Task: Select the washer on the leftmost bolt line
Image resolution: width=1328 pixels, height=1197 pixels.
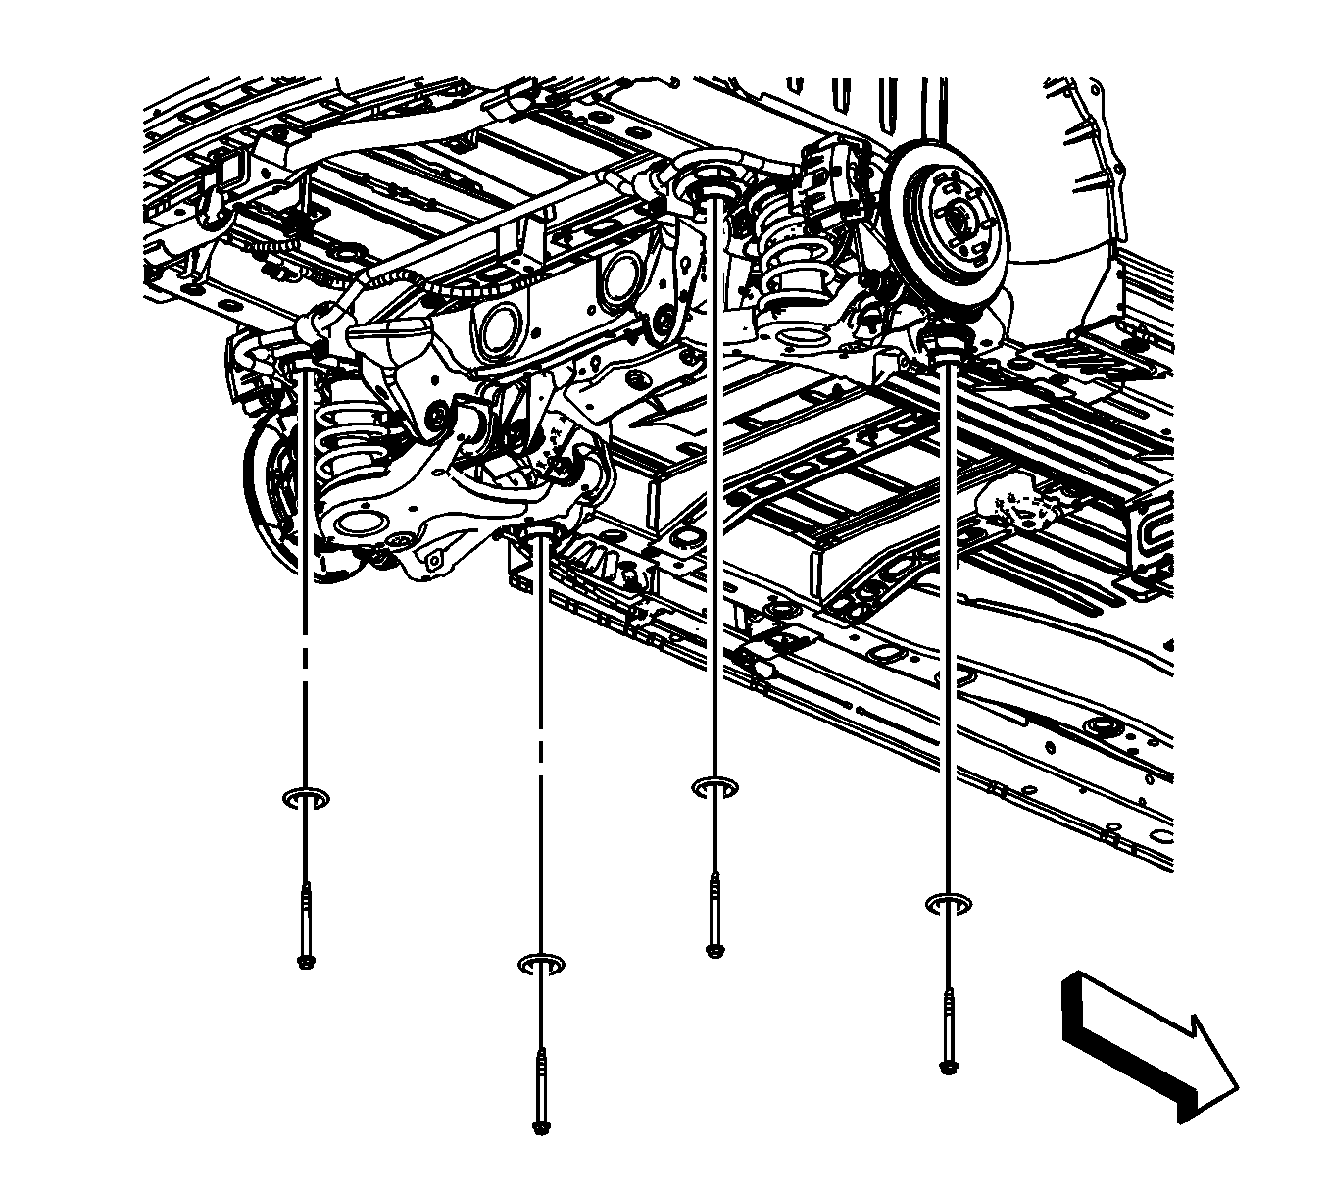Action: pyautogui.click(x=306, y=798)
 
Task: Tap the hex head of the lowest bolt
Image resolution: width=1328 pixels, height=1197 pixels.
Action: pyautogui.click(x=540, y=1126)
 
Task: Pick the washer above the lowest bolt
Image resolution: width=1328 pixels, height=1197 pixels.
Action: pyautogui.click(x=541, y=965)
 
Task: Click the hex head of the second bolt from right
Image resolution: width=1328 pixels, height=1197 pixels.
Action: pyautogui.click(x=714, y=948)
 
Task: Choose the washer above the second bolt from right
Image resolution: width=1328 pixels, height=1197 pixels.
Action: pyautogui.click(x=715, y=787)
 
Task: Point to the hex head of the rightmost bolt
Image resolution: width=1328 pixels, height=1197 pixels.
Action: pyautogui.click(x=947, y=1067)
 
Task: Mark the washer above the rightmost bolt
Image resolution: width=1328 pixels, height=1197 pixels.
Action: pyautogui.click(x=948, y=903)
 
